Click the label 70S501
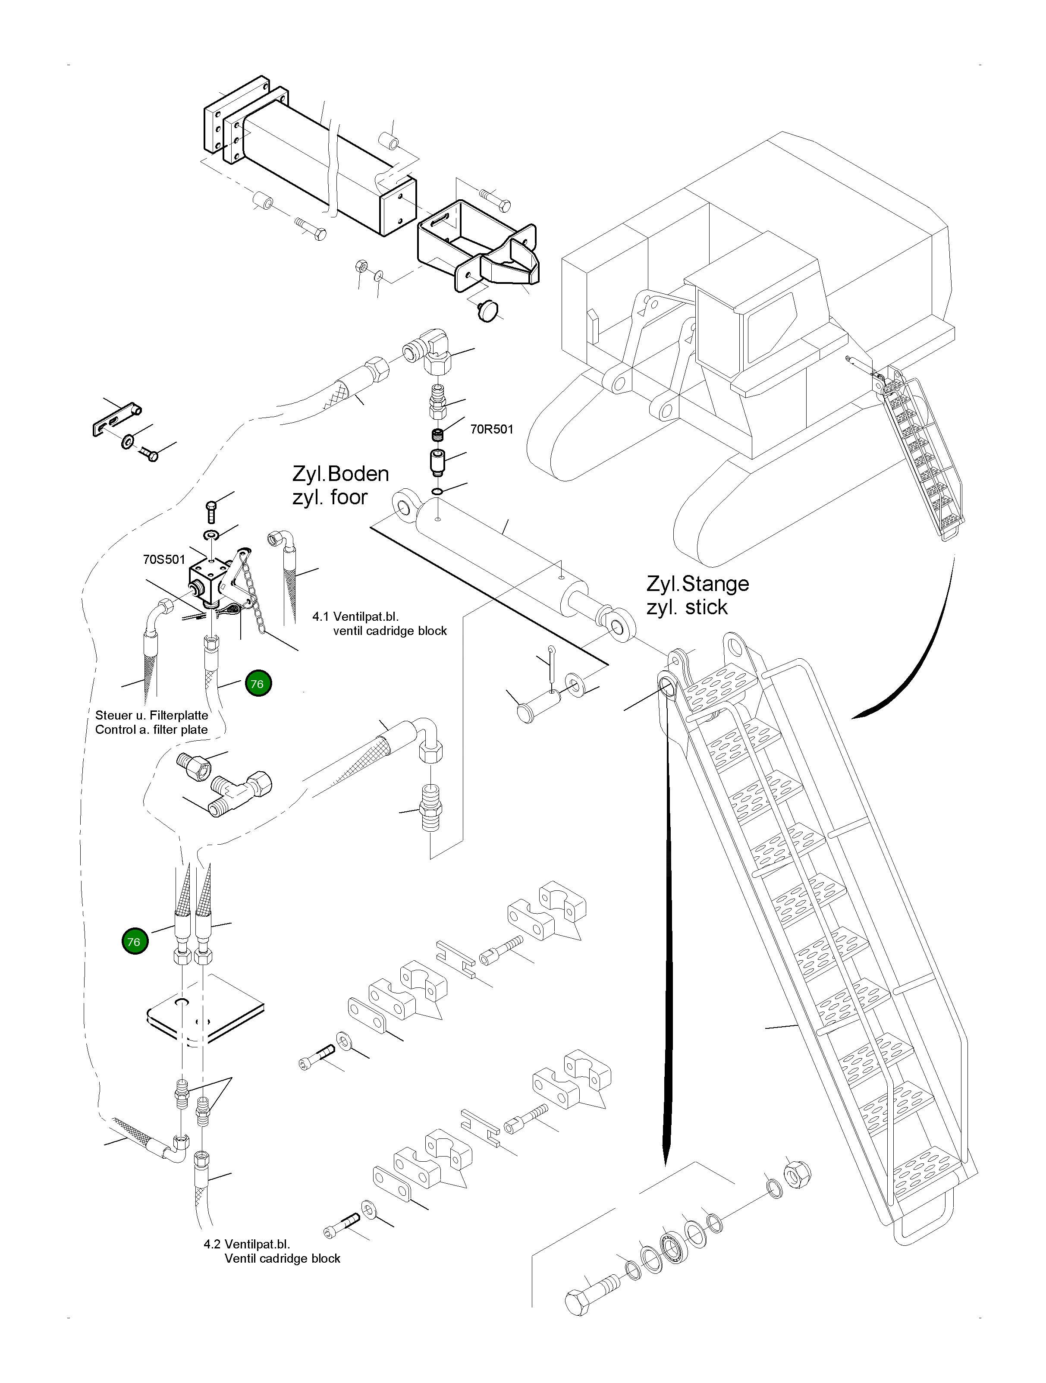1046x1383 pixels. (164, 559)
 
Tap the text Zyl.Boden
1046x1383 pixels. (341, 474)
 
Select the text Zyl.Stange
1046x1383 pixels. (698, 584)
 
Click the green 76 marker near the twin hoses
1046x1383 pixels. (135, 942)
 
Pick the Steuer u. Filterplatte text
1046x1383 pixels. (151, 715)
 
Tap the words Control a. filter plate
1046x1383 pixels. (151, 729)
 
